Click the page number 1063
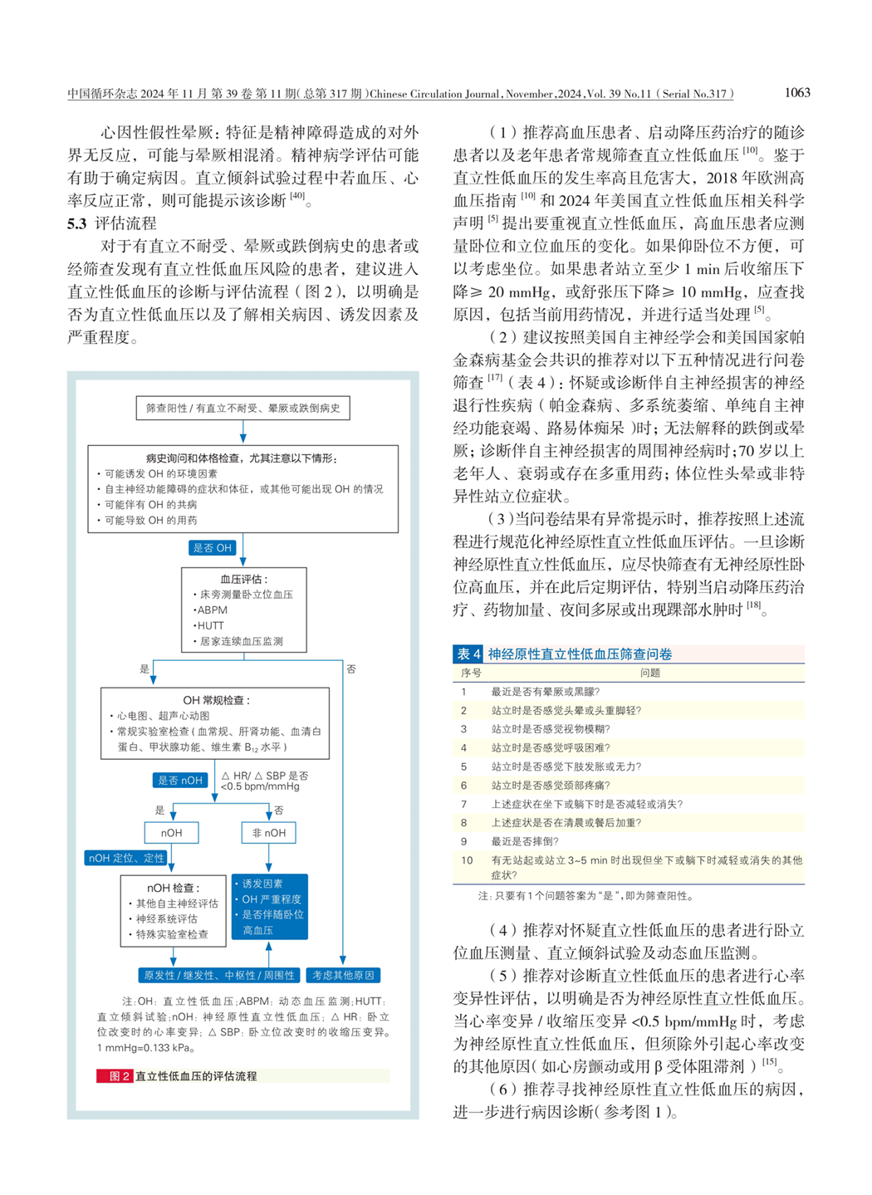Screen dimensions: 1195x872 point(796,92)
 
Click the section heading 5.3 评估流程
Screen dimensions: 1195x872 point(112,223)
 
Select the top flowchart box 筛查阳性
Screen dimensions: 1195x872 point(242,408)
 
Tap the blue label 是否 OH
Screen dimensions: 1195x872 point(213,548)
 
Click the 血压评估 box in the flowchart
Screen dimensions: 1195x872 point(243,610)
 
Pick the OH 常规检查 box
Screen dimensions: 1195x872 point(215,723)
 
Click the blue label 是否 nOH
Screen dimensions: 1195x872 point(180,781)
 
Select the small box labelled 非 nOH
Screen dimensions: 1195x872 point(269,833)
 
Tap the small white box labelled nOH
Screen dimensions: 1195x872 point(172,833)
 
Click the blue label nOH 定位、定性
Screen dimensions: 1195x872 point(126,858)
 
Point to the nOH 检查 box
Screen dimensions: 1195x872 point(173,911)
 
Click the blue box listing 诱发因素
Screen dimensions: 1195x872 point(271,907)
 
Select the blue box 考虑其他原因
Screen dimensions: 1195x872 point(343,975)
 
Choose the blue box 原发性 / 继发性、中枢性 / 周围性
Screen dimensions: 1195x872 point(219,975)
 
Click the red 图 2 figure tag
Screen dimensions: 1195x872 point(115,1076)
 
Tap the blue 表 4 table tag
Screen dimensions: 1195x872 point(468,654)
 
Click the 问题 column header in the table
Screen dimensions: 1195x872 point(650,673)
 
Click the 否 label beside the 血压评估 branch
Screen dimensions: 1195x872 point(351,669)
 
